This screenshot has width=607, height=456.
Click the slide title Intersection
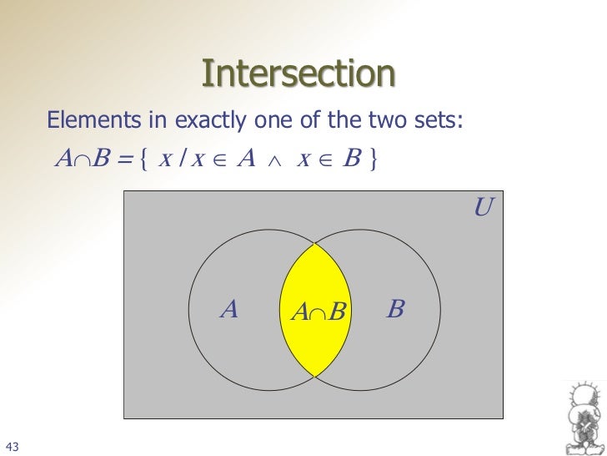pos(298,74)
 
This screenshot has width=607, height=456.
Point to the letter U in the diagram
pos(482,207)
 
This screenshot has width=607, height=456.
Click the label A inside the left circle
pos(229,310)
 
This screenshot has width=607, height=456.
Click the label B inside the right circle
pos(396,310)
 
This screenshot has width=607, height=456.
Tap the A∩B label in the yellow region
pos(318,313)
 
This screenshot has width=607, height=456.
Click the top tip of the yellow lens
pos(314,244)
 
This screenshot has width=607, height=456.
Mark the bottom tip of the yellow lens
pos(314,376)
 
